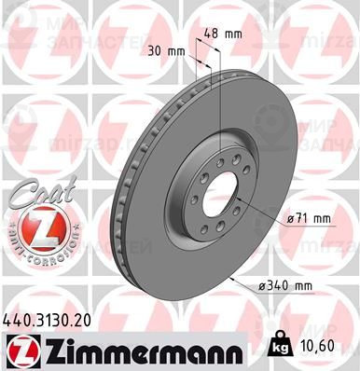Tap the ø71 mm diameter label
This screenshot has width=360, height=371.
coord(309,218)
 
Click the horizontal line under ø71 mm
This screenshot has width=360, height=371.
coord(309,228)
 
